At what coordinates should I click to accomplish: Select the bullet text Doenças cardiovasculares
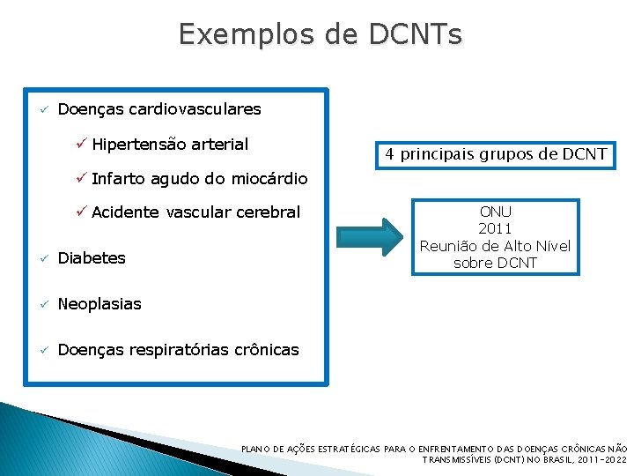coord(159,109)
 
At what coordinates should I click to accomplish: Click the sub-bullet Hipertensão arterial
coord(169,144)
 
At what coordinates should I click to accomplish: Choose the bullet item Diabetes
coord(92,258)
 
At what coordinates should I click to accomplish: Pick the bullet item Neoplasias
coord(100,304)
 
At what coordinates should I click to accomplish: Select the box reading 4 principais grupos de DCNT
coord(496,154)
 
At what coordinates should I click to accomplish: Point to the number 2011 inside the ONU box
coord(495,229)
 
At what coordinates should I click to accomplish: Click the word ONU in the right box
coord(495,212)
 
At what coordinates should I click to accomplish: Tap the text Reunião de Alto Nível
coord(495,246)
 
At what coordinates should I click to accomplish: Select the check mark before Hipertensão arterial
coord(80,144)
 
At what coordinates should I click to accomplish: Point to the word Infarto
coord(119,179)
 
